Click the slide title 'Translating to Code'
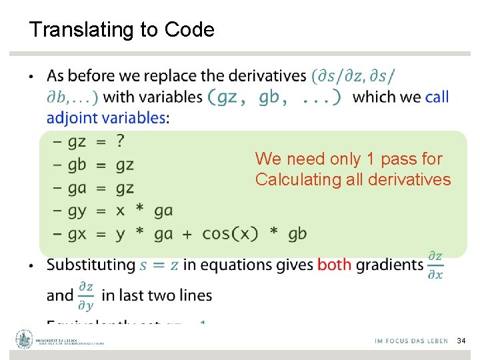click(122, 30)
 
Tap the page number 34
click(461, 341)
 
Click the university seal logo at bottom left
click(25, 339)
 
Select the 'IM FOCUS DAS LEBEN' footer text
click(411, 341)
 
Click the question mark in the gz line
click(120, 141)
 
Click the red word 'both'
click(335, 265)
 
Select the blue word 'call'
click(437, 97)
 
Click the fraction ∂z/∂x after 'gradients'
click(435, 265)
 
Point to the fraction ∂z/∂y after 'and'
click(86, 296)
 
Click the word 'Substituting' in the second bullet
click(91, 265)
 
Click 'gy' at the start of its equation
click(77, 211)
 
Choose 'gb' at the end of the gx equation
click(297, 233)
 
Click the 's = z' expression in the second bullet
click(159, 265)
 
